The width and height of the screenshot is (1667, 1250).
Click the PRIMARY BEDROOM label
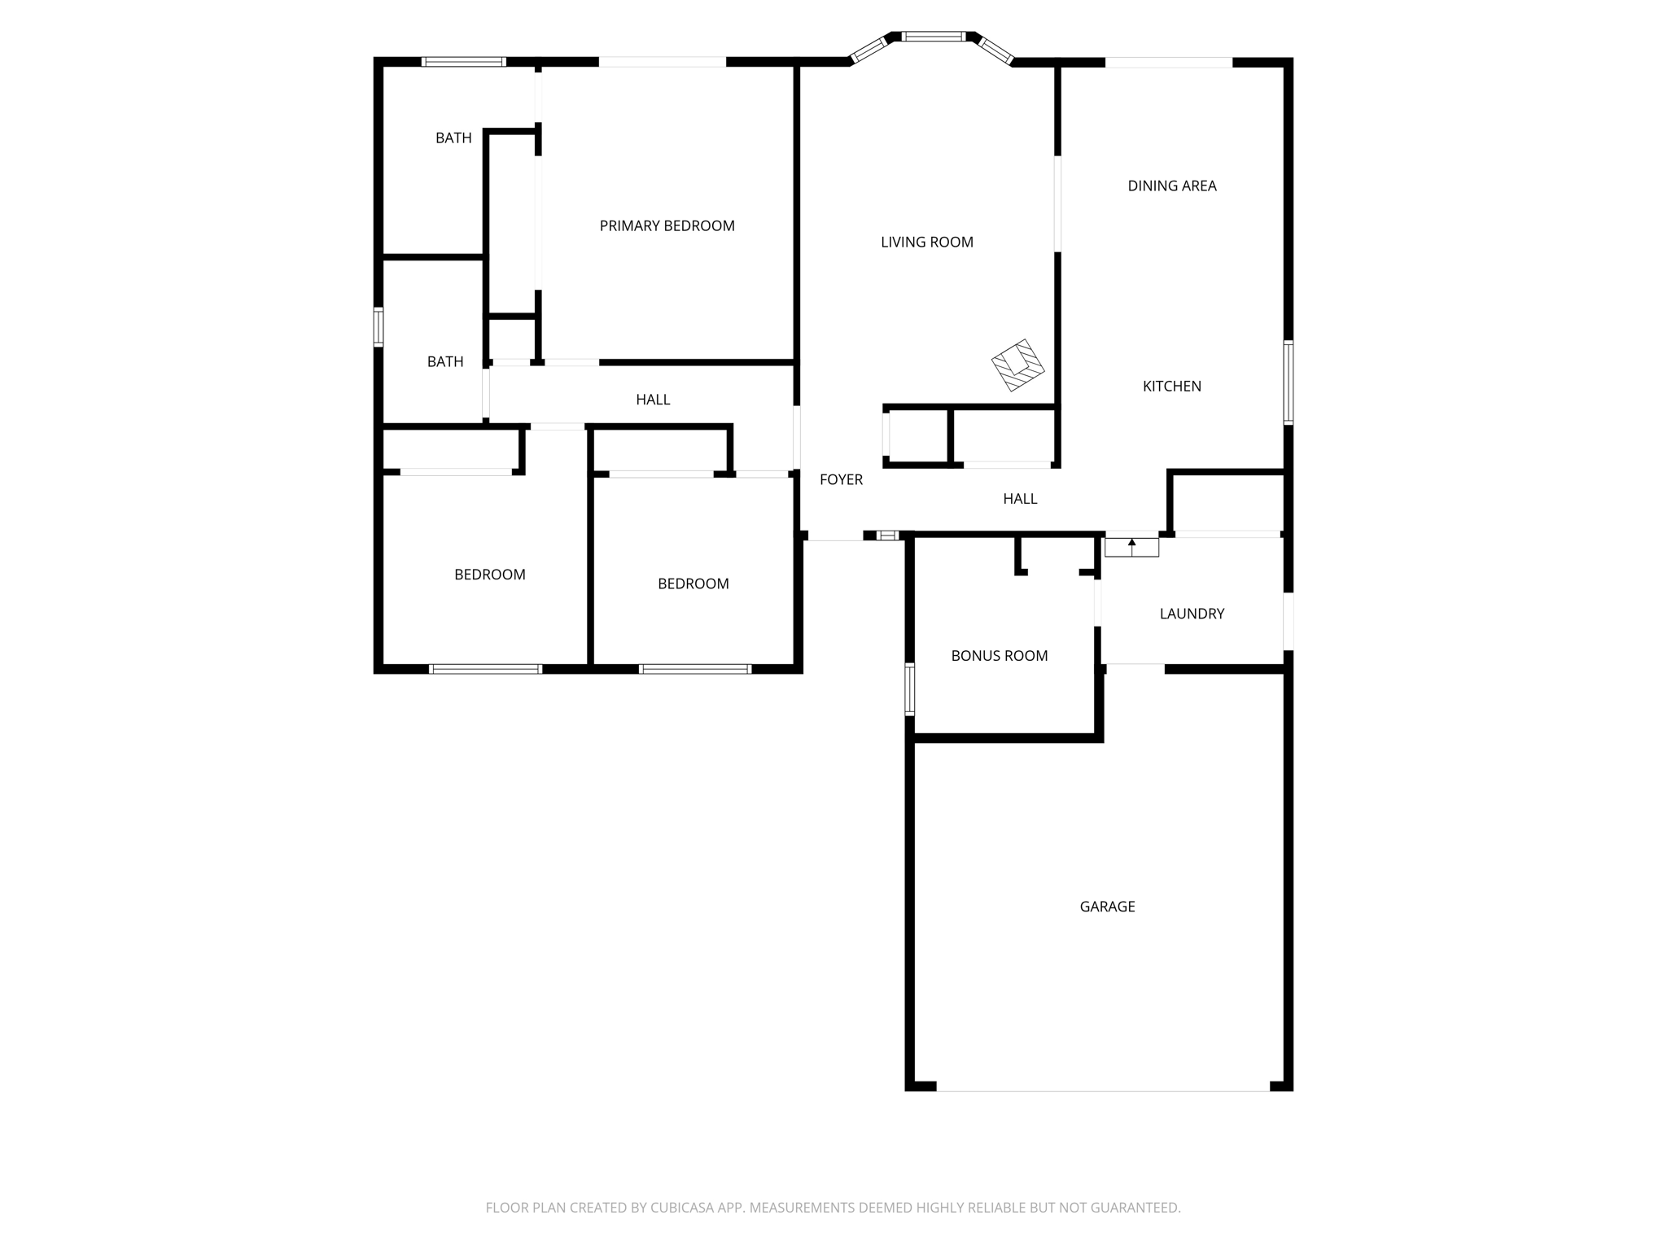(667, 226)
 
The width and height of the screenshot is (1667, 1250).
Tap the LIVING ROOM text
(926, 242)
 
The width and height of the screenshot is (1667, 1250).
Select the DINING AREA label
(1171, 186)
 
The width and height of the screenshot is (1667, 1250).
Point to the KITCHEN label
(1171, 387)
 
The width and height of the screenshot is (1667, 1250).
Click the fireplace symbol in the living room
(1017, 365)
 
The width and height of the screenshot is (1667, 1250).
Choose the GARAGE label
(1107, 907)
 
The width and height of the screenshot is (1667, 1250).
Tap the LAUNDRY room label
(1192, 614)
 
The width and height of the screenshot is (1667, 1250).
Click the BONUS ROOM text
(999, 656)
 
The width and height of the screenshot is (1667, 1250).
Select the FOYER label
(841, 480)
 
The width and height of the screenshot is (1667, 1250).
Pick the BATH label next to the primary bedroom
(453, 138)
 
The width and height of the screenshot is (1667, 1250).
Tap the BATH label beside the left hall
(445, 362)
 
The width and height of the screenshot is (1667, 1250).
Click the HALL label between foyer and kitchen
(1020, 499)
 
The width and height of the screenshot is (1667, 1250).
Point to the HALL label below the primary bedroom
(653, 400)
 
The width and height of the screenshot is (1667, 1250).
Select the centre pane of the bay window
(934, 37)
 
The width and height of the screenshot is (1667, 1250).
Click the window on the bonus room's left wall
(910, 688)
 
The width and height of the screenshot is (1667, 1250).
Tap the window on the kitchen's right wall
(1289, 382)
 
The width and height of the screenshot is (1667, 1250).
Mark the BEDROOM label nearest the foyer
(693, 583)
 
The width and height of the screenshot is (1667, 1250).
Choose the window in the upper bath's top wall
(464, 62)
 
